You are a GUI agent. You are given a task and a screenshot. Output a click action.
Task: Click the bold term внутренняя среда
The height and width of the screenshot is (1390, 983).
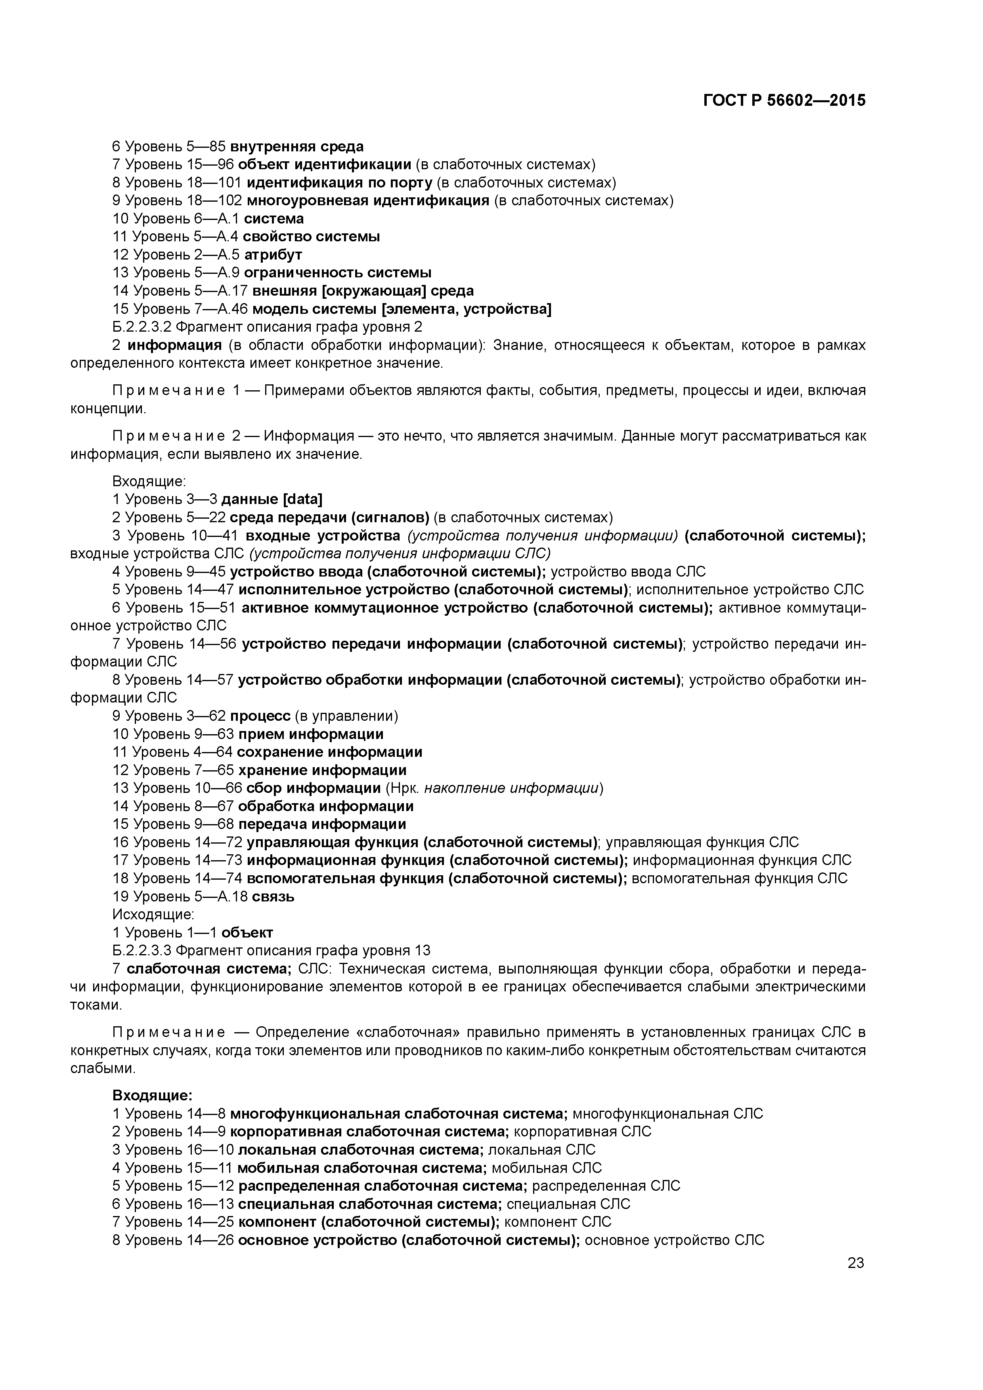pyautogui.click(x=297, y=147)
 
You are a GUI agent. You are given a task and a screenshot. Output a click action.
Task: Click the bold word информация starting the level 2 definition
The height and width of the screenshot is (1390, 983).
pyautogui.click(x=175, y=345)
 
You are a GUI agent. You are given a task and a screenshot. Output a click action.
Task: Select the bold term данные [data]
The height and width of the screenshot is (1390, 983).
pyautogui.click(x=272, y=499)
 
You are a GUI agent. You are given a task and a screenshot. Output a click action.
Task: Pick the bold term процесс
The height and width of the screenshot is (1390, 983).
pyautogui.click(x=260, y=716)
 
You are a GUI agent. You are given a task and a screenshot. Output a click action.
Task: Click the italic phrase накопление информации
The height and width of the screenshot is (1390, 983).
pyautogui.click(x=511, y=788)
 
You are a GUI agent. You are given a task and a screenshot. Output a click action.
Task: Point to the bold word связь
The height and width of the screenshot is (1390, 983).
pyautogui.click(x=273, y=897)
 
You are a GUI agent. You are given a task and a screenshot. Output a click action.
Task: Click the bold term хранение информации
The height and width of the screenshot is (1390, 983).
pyautogui.click(x=322, y=770)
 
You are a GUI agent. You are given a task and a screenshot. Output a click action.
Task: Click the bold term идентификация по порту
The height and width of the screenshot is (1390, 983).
pyautogui.click(x=339, y=182)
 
